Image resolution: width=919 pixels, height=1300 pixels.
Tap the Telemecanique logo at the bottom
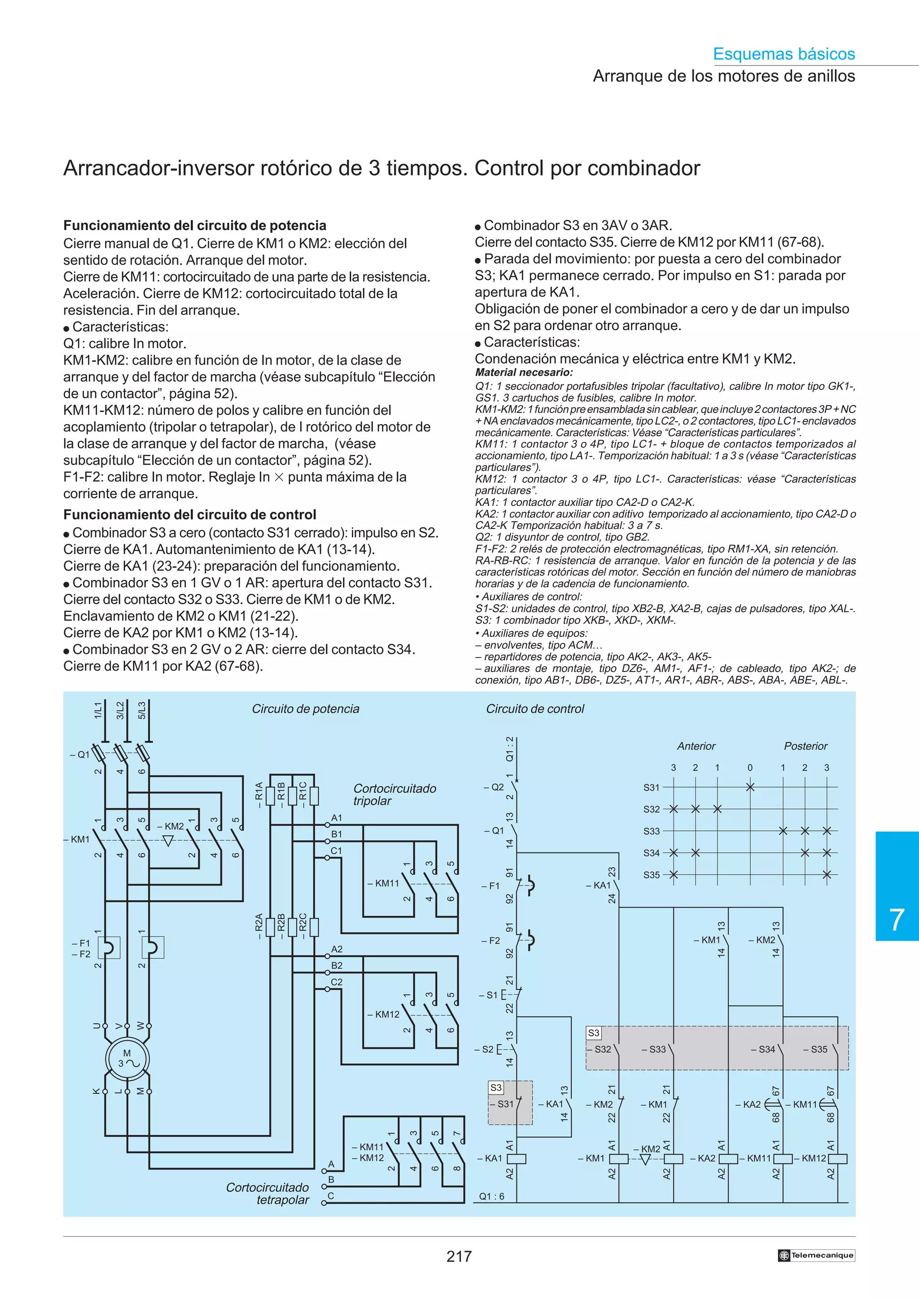point(816,1255)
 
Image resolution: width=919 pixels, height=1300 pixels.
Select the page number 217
point(459,1256)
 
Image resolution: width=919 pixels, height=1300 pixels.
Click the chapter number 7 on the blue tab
point(897,920)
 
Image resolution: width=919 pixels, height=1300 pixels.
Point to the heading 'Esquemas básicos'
point(783,54)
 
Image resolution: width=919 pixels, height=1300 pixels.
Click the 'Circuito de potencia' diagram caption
point(305,709)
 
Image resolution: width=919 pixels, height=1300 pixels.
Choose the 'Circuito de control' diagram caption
point(535,709)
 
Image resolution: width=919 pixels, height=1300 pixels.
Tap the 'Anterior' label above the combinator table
point(696,746)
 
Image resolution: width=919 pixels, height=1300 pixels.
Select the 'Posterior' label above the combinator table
point(805,746)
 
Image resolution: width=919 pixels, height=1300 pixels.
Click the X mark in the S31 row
point(750,787)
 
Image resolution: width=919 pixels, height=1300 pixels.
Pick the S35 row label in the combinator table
point(651,875)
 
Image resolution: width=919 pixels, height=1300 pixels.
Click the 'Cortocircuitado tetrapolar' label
point(267,1194)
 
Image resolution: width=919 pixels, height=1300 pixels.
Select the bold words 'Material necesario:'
point(524,373)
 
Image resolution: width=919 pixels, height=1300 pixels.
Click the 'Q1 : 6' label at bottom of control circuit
point(491,1196)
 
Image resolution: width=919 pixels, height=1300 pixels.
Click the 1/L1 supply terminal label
point(98,711)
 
